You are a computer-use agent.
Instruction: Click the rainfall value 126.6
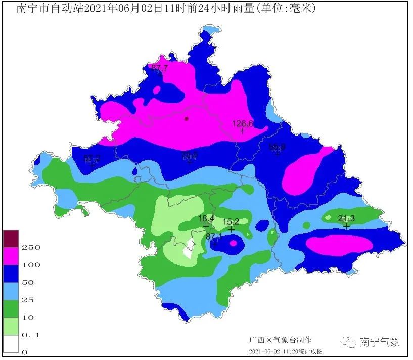242,123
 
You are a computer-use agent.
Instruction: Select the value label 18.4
206,218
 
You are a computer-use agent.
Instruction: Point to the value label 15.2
231,221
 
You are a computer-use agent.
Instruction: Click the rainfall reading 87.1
214,236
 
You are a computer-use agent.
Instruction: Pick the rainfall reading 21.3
346,218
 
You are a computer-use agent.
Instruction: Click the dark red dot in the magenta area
187,119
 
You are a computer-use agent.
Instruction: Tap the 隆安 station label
92,159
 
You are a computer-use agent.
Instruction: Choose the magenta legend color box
11,256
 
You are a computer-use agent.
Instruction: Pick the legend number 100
31,265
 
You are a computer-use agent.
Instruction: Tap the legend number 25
27,300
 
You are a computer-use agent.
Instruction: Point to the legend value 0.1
30,335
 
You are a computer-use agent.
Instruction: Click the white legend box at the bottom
11,343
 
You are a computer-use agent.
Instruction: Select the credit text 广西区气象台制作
280,340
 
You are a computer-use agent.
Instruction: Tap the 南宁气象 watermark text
379,342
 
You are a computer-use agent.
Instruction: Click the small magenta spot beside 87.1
233,243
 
